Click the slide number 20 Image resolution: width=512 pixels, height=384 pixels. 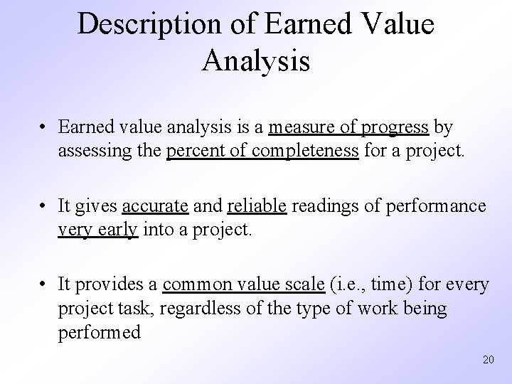(x=487, y=360)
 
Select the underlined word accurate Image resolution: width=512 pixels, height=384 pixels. (x=155, y=207)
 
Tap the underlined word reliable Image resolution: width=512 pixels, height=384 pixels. (x=257, y=207)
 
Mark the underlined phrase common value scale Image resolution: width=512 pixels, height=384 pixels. (x=243, y=285)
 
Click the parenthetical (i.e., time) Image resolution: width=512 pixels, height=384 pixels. (x=369, y=285)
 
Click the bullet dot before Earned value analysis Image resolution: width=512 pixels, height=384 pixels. (x=44, y=129)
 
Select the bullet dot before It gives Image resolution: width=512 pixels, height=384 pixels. (x=44, y=208)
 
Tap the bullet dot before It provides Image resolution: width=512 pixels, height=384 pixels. (x=44, y=286)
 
